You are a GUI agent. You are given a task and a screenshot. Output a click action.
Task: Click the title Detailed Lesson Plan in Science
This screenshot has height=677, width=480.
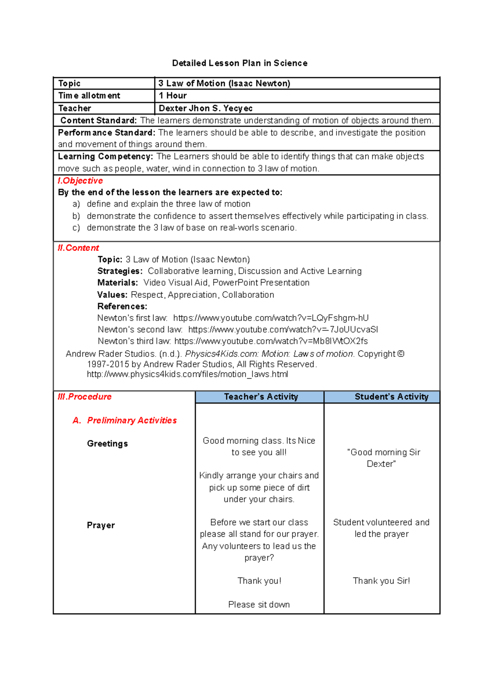(x=240, y=63)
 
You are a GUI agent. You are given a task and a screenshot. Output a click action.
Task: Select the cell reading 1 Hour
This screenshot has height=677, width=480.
(x=173, y=96)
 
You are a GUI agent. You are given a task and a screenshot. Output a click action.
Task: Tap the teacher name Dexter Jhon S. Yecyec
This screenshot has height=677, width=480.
(x=206, y=108)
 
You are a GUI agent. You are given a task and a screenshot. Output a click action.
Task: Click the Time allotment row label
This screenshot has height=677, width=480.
(x=89, y=96)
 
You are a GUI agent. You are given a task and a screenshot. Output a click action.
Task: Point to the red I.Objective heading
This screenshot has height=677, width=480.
(x=80, y=181)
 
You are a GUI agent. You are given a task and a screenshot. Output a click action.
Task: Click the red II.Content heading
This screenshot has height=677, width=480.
(x=78, y=248)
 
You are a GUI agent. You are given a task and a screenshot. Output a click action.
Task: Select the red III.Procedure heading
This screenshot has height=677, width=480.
(x=85, y=396)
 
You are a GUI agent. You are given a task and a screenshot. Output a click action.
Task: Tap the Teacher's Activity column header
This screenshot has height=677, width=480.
(x=261, y=396)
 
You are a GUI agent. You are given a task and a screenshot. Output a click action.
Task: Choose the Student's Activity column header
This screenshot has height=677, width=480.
(x=391, y=396)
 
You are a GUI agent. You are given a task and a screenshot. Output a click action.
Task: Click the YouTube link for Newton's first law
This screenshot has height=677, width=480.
(x=271, y=318)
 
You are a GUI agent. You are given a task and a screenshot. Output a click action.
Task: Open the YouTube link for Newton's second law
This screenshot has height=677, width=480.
(x=283, y=329)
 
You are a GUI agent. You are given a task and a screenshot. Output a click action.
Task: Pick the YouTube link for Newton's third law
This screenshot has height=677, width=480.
(x=271, y=341)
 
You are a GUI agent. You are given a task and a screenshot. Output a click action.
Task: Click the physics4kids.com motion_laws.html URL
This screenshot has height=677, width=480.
(x=187, y=374)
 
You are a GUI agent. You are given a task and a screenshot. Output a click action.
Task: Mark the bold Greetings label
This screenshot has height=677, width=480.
(x=107, y=444)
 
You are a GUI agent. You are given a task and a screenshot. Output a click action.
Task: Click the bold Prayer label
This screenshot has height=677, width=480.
(x=101, y=525)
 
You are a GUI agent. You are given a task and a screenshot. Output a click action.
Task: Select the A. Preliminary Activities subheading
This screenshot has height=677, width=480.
(x=125, y=420)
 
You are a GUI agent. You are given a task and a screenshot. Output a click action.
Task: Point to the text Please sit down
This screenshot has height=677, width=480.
(x=259, y=604)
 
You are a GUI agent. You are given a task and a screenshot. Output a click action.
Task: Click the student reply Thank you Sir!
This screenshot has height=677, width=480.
(x=381, y=581)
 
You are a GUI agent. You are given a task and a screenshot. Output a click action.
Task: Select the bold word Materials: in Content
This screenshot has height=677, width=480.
(x=118, y=283)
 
